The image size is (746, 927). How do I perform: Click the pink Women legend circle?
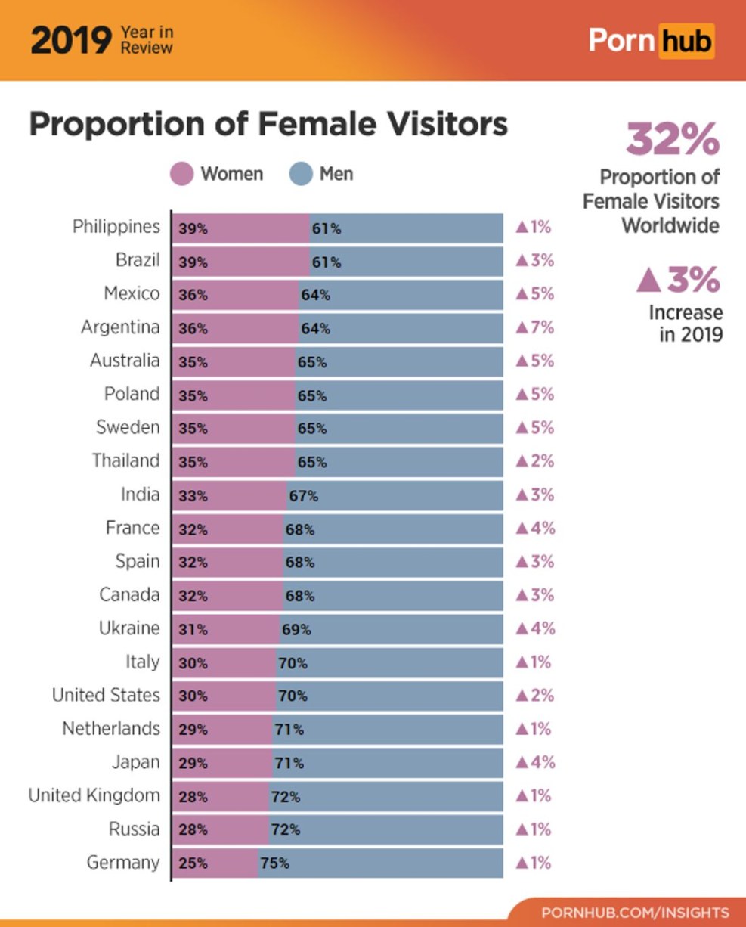click(182, 174)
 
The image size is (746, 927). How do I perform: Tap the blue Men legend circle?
click(301, 174)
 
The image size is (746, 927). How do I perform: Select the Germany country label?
click(123, 862)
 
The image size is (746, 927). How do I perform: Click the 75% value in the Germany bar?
click(274, 863)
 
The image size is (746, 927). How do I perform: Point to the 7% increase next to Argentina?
click(535, 327)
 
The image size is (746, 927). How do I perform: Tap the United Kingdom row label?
click(94, 795)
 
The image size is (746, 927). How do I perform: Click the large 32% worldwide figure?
click(672, 138)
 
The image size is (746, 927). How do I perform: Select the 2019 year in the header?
click(70, 41)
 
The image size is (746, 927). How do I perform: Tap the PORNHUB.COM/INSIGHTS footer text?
click(635, 912)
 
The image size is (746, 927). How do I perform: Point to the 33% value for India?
click(193, 497)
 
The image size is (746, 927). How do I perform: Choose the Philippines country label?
click(116, 227)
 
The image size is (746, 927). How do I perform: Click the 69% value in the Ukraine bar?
click(296, 630)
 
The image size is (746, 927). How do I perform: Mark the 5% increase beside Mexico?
click(535, 293)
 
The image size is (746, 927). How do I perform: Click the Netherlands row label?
click(111, 729)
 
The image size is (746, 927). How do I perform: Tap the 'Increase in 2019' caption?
click(685, 324)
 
